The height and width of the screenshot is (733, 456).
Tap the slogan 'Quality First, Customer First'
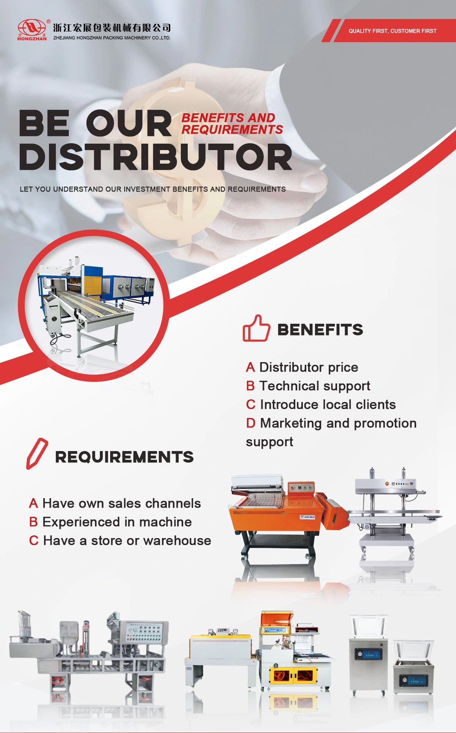393,31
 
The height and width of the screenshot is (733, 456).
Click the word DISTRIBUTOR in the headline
155,157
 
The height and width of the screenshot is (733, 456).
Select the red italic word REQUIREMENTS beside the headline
232,130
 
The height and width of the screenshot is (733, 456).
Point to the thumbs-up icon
256,328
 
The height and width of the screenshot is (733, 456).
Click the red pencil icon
37,453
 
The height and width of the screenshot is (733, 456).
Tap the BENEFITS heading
320,329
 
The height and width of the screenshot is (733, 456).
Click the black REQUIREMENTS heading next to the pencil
124,457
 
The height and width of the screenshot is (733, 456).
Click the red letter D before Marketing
250,423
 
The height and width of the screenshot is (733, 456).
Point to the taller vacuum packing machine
368,656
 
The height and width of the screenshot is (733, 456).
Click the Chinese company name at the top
112,28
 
